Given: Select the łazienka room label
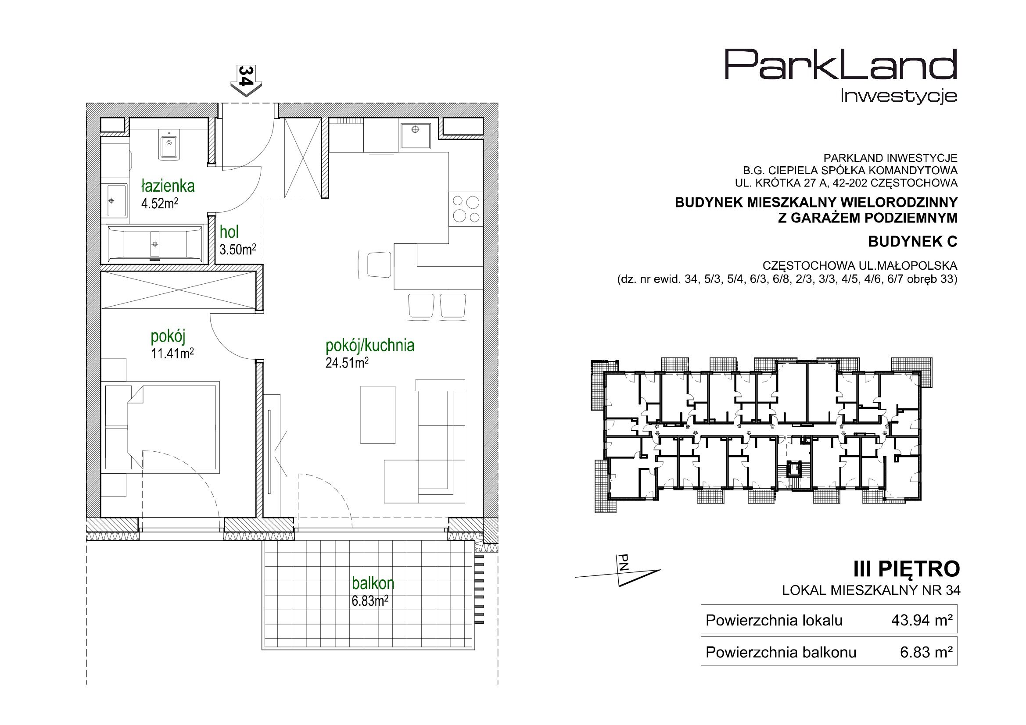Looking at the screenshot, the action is (169, 186).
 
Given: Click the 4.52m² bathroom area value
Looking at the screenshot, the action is (160, 204).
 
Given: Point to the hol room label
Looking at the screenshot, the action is (229, 232).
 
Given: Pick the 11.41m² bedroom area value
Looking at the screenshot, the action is (172, 354).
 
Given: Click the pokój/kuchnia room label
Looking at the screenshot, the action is (370, 345).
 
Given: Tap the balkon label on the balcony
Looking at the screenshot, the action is (373, 583).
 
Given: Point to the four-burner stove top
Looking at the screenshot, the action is (466, 209).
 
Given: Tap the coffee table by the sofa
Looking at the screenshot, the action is (378, 415).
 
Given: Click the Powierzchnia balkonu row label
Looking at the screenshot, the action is (781, 653).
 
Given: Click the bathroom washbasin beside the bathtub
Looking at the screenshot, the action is (116, 201).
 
